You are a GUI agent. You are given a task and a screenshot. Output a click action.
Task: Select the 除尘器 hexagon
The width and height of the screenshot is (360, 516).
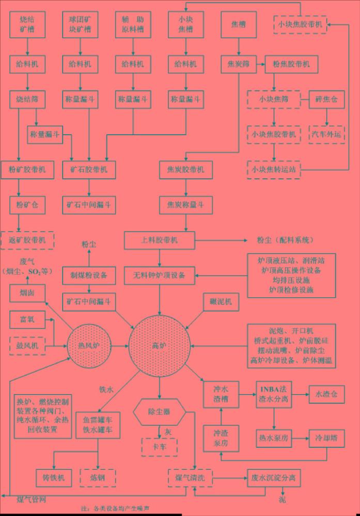(x=159, y=412)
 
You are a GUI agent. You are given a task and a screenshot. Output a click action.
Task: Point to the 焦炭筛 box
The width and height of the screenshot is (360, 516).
(x=239, y=64)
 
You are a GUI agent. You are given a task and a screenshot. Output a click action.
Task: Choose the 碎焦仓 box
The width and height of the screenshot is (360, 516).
(x=326, y=100)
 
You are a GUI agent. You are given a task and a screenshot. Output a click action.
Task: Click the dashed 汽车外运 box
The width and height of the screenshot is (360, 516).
(x=326, y=134)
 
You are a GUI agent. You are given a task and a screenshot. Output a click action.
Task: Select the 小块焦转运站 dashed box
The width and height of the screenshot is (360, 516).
(x=274, y=169)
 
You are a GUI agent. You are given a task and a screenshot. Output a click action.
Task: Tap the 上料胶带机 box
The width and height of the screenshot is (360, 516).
(x=160, y=240)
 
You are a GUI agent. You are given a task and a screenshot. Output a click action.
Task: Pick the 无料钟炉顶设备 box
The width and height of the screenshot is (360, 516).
(x=160, y=275)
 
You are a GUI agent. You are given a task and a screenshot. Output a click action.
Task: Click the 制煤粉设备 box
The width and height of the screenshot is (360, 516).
(x=89, y=275)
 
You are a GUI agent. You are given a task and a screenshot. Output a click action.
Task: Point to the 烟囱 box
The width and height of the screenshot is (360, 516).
(x=27, y=295)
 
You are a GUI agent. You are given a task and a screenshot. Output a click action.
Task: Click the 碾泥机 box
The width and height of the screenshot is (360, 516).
(x=221, y=301)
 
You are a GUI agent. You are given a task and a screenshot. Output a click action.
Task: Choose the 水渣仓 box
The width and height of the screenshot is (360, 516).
(x=326, y=394)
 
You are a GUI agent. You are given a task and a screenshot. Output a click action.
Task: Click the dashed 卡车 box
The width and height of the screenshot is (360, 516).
(x=159, y=447)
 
